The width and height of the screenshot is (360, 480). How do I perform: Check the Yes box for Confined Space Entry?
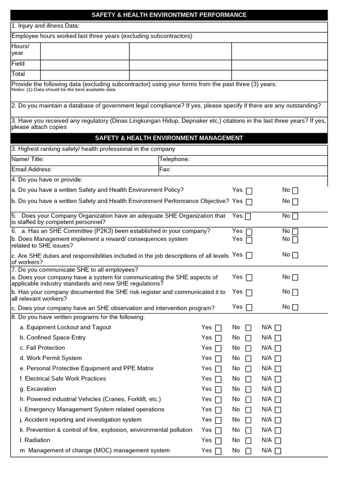click(218, 338)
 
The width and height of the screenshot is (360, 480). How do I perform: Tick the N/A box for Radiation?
click(278, 441)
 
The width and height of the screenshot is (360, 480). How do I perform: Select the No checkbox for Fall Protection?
click(248, 349)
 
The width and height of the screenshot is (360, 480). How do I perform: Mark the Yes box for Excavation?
click(218, 390)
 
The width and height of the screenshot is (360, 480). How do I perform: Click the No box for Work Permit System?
click(248, 359)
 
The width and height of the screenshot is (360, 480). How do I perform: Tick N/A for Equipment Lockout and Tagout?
click(278, 328)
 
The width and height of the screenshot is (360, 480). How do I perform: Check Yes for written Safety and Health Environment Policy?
click(249, 191)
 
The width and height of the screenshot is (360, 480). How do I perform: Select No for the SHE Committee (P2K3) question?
click(295, 232)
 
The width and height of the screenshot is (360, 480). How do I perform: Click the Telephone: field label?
click(174, 159)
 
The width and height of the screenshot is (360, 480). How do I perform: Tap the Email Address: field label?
click(31, 170)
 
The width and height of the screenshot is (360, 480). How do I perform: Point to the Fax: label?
click(165, 170)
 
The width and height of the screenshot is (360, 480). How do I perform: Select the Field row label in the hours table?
click(18, 64)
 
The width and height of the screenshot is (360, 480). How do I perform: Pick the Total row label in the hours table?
click(18, 74)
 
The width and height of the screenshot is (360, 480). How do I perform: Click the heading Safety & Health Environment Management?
click(169, 138)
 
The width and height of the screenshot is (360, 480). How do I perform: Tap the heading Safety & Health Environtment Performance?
click(169, 15)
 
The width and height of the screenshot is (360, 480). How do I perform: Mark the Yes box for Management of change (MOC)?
click(218, 451)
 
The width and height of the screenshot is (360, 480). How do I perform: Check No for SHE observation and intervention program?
click(295, 307)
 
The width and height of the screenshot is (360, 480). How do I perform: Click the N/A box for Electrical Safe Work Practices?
click(278, 379)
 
